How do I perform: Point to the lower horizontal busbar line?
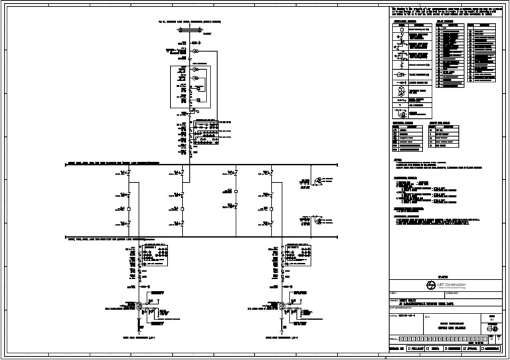pyautogui.click(x=226, y=238)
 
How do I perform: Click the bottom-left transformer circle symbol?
pyautogui.click(x=136, y=306)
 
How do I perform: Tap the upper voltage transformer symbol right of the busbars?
pyautogui.click(x=320, y=181)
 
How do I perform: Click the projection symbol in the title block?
pyautogui.click(x=491, y=329)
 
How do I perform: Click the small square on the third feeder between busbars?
pyautogui.click(x=236, y=191)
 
